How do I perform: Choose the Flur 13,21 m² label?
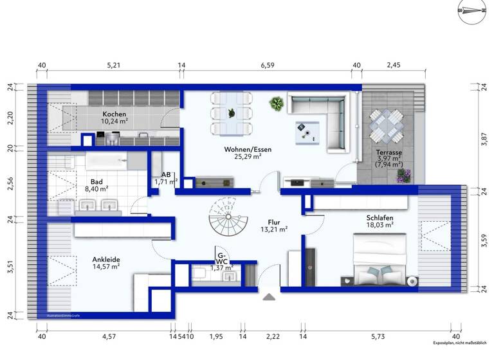[273, 224]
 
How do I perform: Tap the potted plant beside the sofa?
[277, 103]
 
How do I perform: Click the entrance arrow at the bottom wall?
[270, 296]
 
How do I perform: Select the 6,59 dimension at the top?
[266, 65]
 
